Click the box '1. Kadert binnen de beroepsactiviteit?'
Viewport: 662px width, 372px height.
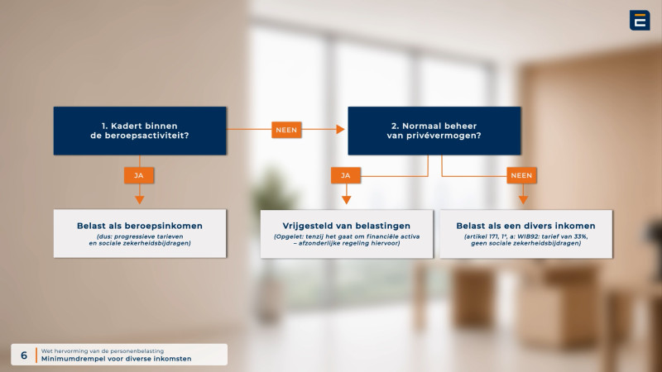click(x=140, y=131)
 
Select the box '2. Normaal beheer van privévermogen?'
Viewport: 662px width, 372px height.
click(x=434, y=131)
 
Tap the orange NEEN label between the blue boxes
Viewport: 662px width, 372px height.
click(x=286, y=130)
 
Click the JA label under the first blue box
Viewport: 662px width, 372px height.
click(x=139, y=175)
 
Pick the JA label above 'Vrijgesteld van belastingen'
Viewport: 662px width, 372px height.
click(x=346, y=175)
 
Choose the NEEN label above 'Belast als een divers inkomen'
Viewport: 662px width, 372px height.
click(x=521, y=175)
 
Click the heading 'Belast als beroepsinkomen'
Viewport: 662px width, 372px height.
click(x=140, y=226)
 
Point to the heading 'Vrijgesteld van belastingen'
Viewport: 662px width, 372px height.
click(x=346, y=226)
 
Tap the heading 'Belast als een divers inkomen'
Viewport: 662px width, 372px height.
click(x=525, y=226)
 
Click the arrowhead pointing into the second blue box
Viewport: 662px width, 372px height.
click(x=340, y=130)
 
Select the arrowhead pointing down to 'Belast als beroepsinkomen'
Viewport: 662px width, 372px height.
click(x=139, y=200)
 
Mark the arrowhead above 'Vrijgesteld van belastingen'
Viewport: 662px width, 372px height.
click(x=346, y=200)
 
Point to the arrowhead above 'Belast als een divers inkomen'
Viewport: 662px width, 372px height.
click(x=523, y=200)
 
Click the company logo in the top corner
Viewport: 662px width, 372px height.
click(x=640, y=20)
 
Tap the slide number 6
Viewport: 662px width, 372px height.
click(x=24, y=355)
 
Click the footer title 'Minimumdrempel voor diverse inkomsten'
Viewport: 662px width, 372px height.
click(x=116, y=359)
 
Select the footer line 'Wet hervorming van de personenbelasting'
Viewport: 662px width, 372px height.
click(x=102, y=351)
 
